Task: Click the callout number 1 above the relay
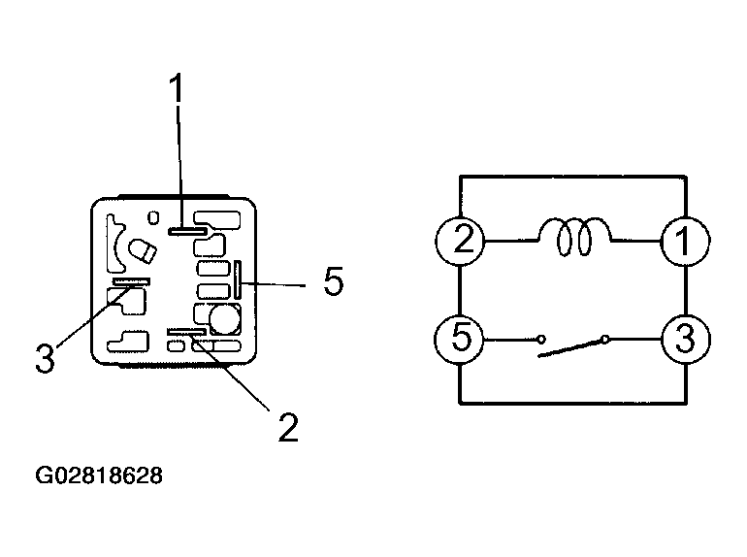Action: tap(177, 87)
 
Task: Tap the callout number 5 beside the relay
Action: tap(333, 281)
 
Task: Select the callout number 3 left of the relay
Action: tap(46, 358)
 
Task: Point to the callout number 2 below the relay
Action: tap(288, 427)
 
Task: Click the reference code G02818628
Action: tap(99, 475)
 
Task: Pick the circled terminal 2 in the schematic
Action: tap(460, 240)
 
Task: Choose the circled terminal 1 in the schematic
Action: tap(685, 241)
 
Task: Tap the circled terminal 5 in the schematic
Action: tap(459, 340)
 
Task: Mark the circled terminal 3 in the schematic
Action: tap(686, 340)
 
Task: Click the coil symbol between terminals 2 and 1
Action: tap(574, 237)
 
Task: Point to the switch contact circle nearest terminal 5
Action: tap(541, 340)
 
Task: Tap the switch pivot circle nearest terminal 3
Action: tap(605, 340)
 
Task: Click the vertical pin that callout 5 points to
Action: tap(238, 279)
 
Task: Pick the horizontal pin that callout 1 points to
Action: tap(186, 231)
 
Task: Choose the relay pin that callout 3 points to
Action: tap(132, 281)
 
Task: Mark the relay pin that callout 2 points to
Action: tap(186, 332)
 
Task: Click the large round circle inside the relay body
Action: tap(224, 319)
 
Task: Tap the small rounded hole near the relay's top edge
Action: tap(153, 217)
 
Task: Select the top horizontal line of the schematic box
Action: tap(572, 177)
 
